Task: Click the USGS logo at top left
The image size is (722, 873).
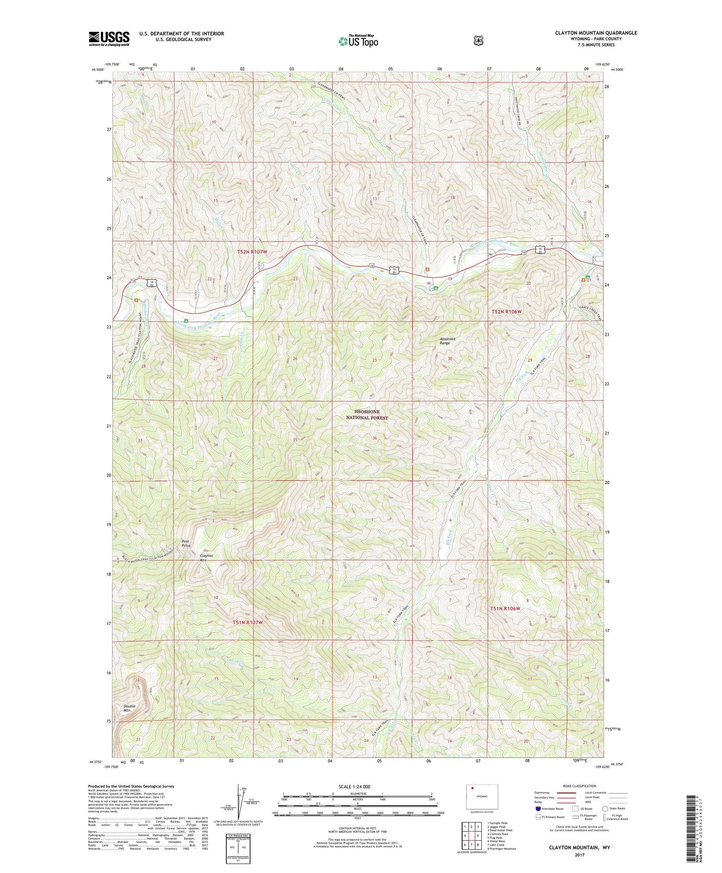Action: click(109, 39)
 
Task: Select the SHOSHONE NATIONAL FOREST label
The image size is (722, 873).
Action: click(367, 415)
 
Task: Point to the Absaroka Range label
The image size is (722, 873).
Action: click(448, 341)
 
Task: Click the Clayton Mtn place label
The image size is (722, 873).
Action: click(206, 558)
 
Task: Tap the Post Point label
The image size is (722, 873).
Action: click(186, 543)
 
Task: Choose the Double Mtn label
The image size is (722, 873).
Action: click(129, 708)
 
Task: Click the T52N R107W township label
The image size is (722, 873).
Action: click(258, 252)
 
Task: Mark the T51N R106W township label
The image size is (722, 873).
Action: click(505, 609)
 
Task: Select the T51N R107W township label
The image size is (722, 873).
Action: click(247, 622)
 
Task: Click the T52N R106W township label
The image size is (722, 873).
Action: click(506, 312)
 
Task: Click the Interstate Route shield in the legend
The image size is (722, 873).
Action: click(538, 808)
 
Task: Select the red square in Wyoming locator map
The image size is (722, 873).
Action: click(473, 789)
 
